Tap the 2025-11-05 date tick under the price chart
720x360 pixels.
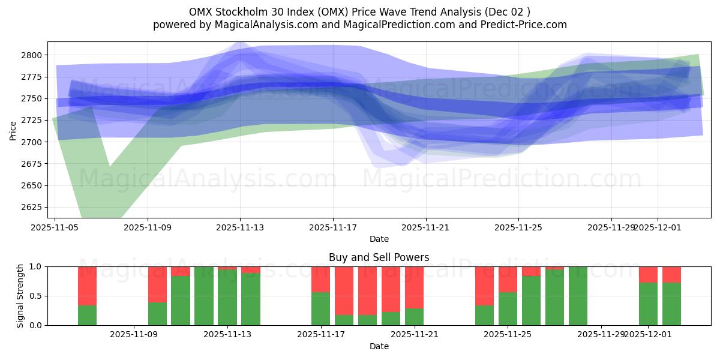(x=55, y=228)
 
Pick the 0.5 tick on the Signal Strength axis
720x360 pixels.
(x=35, y=296)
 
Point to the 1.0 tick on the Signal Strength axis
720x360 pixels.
(x=35, y=266)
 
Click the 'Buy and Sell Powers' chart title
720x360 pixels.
(x=379, y=257)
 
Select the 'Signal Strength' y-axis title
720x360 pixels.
(x=20, y=296)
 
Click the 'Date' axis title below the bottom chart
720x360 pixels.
(x=379, y=346)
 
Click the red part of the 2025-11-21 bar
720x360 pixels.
(x=414, y=287)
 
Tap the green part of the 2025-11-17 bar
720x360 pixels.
(x=321, y=309)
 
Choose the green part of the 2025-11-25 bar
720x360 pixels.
(x=508, y=309)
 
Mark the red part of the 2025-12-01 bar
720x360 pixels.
(x=648, y=274)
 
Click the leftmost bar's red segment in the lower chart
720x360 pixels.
(x=87, y=286)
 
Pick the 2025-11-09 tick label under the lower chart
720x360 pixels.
(x=134, y=335)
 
